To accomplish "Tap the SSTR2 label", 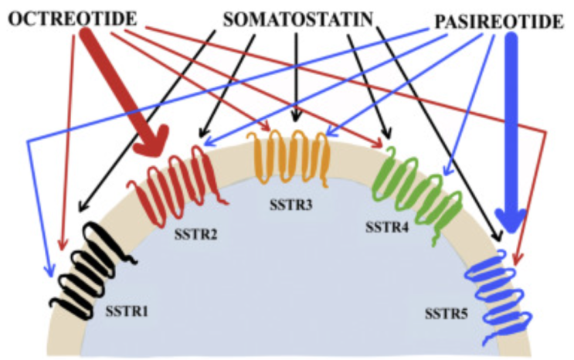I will click(190, 229).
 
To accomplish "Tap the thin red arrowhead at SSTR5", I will click(517, 255).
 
